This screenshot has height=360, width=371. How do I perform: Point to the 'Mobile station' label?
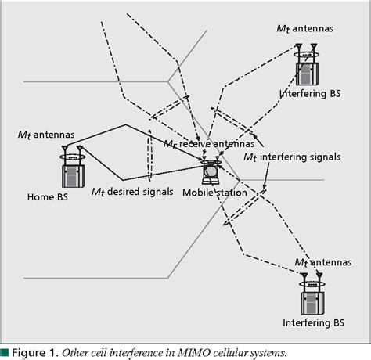tap(214, 192)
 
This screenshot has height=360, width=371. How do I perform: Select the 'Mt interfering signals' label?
tap(292, 157)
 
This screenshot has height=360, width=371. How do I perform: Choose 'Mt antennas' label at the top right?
tap(305, 29)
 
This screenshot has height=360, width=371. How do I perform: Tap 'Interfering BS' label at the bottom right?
tap(312, 322)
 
